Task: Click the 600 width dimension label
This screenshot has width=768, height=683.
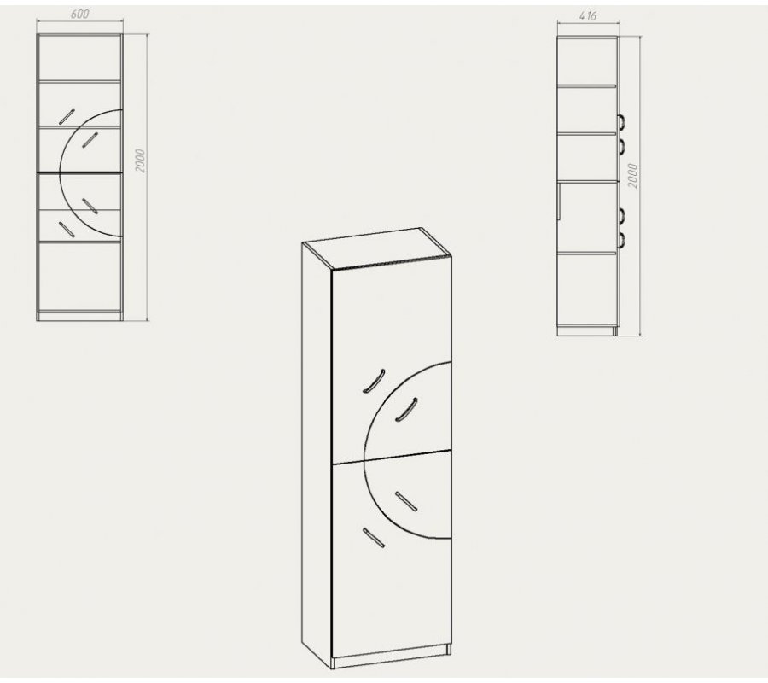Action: pos(80,14)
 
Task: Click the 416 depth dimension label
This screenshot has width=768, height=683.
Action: pos(588,15)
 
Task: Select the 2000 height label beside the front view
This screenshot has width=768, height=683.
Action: pos(140,161)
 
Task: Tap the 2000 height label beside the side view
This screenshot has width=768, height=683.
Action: pos(632,176)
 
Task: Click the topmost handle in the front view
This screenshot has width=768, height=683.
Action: pos(67,117)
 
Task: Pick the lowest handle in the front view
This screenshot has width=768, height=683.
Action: pos(66,230)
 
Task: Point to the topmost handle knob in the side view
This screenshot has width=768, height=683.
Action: pos(620,121)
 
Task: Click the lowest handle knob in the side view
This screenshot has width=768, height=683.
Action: pos(620,239)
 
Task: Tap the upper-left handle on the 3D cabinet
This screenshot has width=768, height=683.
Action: pos(374,381)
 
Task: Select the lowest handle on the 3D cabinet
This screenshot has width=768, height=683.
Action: pos(374,538)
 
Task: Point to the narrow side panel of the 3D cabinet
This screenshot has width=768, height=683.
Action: pos(317,451)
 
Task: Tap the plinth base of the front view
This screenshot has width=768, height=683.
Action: pos(79,316)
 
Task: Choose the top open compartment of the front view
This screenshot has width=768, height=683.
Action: pos(79,58)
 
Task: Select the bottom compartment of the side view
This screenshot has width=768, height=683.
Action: pos(587,289)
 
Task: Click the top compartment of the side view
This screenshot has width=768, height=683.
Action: pos(587,61)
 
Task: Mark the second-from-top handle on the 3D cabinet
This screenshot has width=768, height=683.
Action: pos(406,409)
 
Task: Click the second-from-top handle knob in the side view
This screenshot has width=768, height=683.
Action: pos(620,146)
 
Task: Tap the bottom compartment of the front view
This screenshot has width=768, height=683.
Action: pos(79,276)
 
